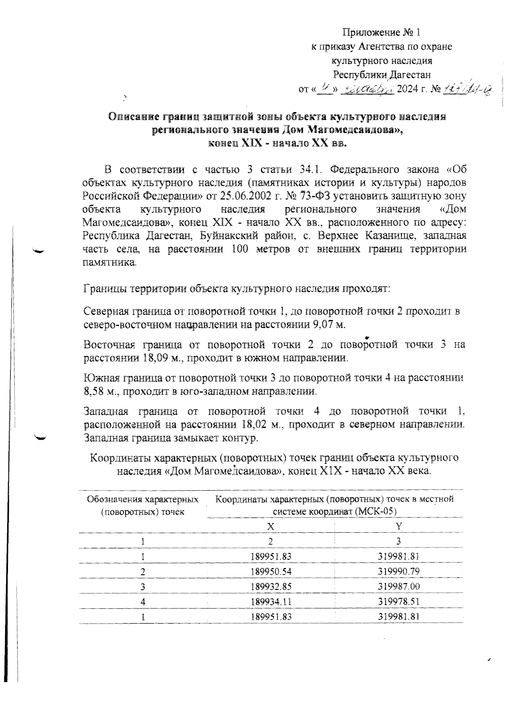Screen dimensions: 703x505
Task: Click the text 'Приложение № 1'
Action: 382,32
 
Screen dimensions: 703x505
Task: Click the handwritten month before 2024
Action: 366,89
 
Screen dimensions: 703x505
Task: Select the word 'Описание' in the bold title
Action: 132,116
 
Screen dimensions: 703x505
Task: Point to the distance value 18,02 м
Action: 262,424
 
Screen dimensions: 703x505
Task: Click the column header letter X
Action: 271,526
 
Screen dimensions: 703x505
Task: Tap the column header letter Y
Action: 399,526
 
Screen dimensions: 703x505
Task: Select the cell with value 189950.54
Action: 271,571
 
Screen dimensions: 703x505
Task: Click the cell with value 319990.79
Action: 399,571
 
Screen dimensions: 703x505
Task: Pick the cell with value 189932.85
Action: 271,587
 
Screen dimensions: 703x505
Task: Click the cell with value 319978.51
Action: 399,602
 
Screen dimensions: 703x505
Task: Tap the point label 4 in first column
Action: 143,602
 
